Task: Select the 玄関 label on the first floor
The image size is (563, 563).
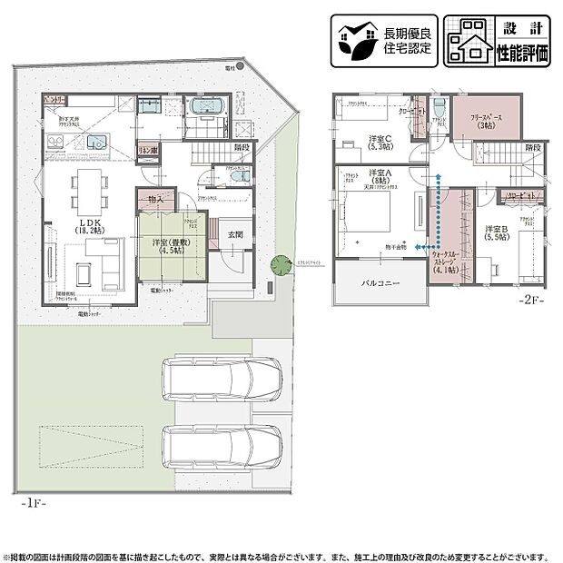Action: (235, 234)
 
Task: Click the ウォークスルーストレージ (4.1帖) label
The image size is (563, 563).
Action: (446, 262)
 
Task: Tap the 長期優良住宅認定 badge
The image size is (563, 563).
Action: (383, 40)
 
